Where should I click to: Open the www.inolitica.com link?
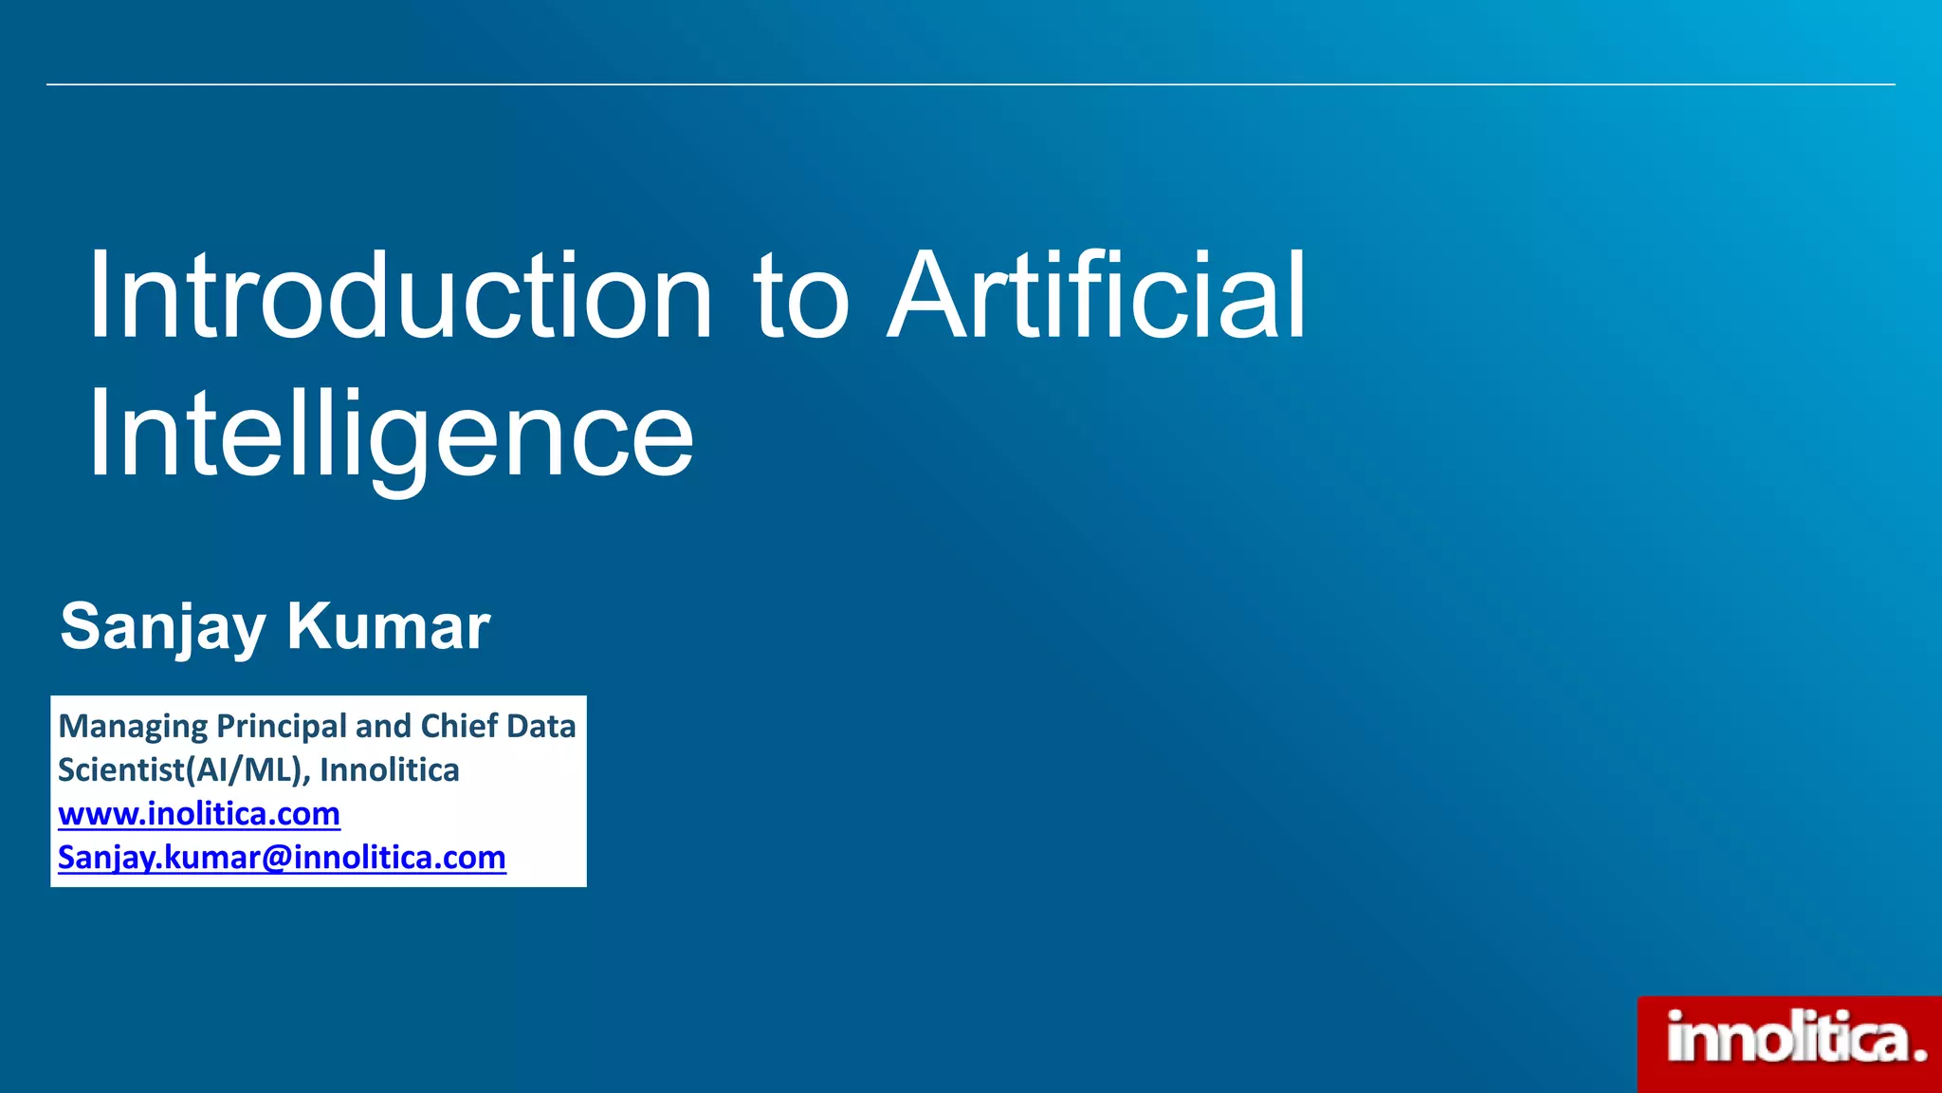click(x=199, y=814)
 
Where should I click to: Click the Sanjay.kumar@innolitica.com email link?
click(x=282, y=858)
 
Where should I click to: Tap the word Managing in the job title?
click(x=133, y=727)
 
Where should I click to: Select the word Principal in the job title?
click(x=282, y=727)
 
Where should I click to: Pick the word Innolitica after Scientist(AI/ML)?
click(x=389, y=769)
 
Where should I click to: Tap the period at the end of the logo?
click(x=1919, y=1054)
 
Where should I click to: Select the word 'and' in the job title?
click(x=382, y=726)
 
